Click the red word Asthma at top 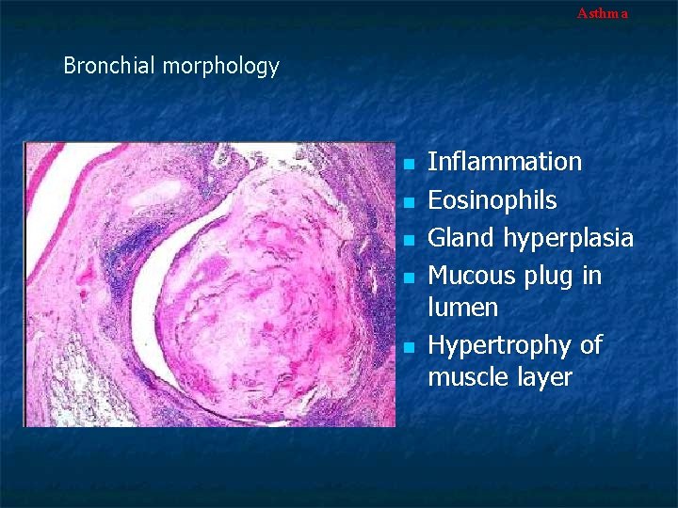[602, 13]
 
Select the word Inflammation [505, 162]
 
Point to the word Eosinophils [492, 200]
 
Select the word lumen [462, 308]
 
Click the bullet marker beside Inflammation [408, 164]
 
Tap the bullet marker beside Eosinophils [408, 202]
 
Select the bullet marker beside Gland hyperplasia [408, 240]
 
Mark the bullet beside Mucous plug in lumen [408, 278]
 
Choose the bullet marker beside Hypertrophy [408, 347]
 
